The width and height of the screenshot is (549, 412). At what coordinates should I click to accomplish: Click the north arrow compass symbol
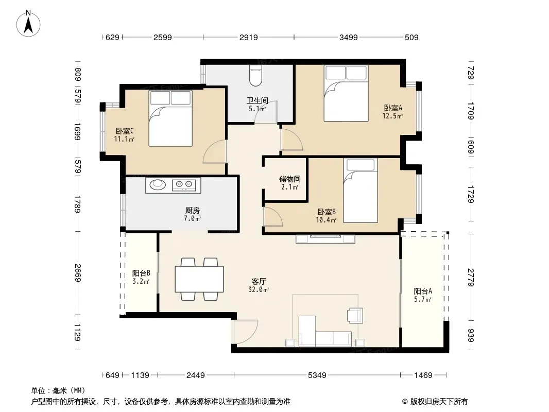click(28, 24)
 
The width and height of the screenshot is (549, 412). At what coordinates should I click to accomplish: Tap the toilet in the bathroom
click(255, 76)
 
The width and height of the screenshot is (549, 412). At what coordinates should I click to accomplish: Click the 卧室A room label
click(393, 108)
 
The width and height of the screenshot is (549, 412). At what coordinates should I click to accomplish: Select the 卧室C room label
click(125, 131)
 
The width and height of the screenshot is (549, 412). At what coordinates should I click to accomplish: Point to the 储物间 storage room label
click(289, 179)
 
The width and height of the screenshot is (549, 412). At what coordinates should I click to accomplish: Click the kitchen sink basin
click(158, 184)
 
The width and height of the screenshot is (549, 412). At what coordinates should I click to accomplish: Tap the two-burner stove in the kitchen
click(184, 184)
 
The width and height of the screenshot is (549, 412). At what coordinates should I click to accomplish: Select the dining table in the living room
click(199, 279)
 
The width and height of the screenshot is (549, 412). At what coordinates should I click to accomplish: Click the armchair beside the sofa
click(355, 315)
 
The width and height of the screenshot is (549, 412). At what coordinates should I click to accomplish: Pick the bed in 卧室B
click(361, 191)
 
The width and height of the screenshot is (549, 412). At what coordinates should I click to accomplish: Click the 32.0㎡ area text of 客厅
click(259, 290)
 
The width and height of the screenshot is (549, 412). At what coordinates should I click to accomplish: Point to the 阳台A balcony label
click(423, 291)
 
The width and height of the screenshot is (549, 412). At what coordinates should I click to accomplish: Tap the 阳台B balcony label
click(141, 272)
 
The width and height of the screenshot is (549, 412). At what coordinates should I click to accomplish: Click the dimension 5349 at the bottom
click(317, 375)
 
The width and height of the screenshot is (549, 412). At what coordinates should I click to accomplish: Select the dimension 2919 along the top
click(249, 37)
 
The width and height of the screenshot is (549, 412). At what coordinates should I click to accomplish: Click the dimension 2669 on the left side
click(78, 272)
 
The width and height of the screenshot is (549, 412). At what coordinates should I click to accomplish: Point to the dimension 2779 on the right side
click(471, 277)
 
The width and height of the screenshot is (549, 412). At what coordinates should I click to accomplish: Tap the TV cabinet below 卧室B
click(325, 239)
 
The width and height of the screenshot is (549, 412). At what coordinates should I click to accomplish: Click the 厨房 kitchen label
click(193, 210)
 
